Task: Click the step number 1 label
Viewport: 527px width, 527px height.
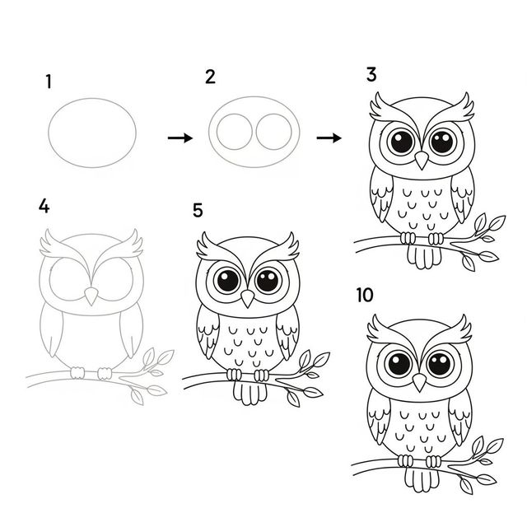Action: (49, 82)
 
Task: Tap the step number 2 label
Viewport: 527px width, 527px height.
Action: (210, 78)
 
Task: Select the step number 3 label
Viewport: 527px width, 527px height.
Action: (371, 76)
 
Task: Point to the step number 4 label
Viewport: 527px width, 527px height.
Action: (44, 207)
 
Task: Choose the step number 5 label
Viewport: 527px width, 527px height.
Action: (198, 211)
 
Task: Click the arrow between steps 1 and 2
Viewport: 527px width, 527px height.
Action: (180, 138)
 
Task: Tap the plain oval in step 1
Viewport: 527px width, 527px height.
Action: (92, 132)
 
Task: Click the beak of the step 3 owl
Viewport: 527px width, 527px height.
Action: (421, 159)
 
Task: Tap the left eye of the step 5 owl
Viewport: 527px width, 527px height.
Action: (226, 281)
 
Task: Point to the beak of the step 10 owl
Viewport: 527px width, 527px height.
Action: (420, 381)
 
